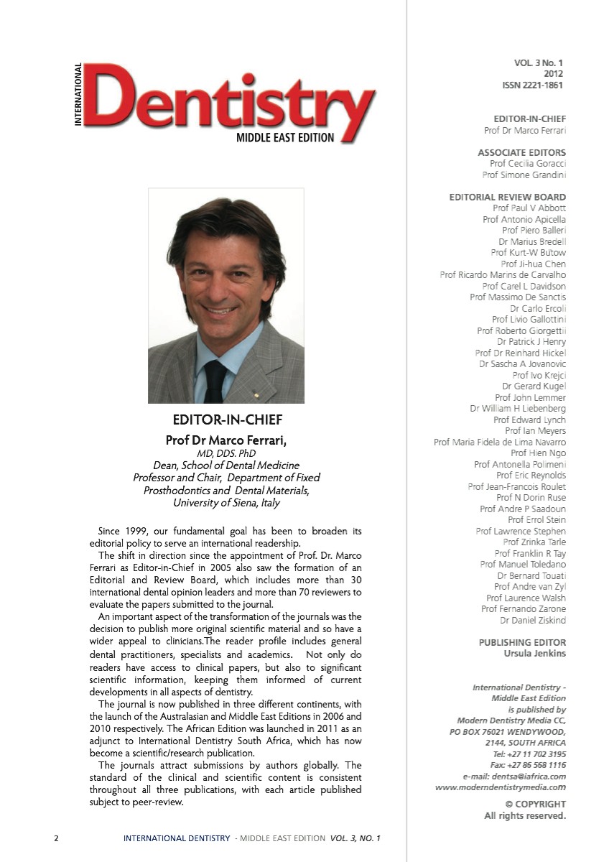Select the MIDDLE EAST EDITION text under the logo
(285, 138)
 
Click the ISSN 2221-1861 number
(532, 85)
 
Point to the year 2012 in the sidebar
(554, 74)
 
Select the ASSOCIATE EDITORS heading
(521, 152)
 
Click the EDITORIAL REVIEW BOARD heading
(507, 197)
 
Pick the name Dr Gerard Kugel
(534, 386)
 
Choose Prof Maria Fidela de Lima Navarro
(500, 442)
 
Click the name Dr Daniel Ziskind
(533, 620)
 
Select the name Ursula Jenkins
(535, 654)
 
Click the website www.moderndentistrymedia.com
(501, 787)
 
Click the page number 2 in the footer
(56, 838)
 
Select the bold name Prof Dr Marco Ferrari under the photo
(226, 440)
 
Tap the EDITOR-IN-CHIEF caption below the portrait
(226, 420)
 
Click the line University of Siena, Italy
(226, 503)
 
